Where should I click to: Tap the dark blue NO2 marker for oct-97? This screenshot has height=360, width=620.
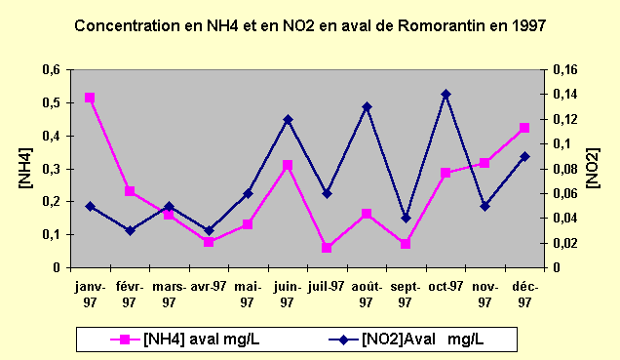(446, 94)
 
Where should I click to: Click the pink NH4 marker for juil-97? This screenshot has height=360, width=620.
(327, 248)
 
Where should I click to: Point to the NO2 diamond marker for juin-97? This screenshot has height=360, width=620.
(288, 119)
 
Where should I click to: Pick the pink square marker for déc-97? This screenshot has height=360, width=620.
(524, 128)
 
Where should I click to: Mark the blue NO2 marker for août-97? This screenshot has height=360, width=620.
(367, 106)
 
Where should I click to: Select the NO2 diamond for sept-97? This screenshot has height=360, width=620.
(406, 218)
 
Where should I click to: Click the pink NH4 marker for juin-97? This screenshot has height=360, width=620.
(288, 165)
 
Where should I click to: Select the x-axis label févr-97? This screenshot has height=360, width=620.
(130, 294)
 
